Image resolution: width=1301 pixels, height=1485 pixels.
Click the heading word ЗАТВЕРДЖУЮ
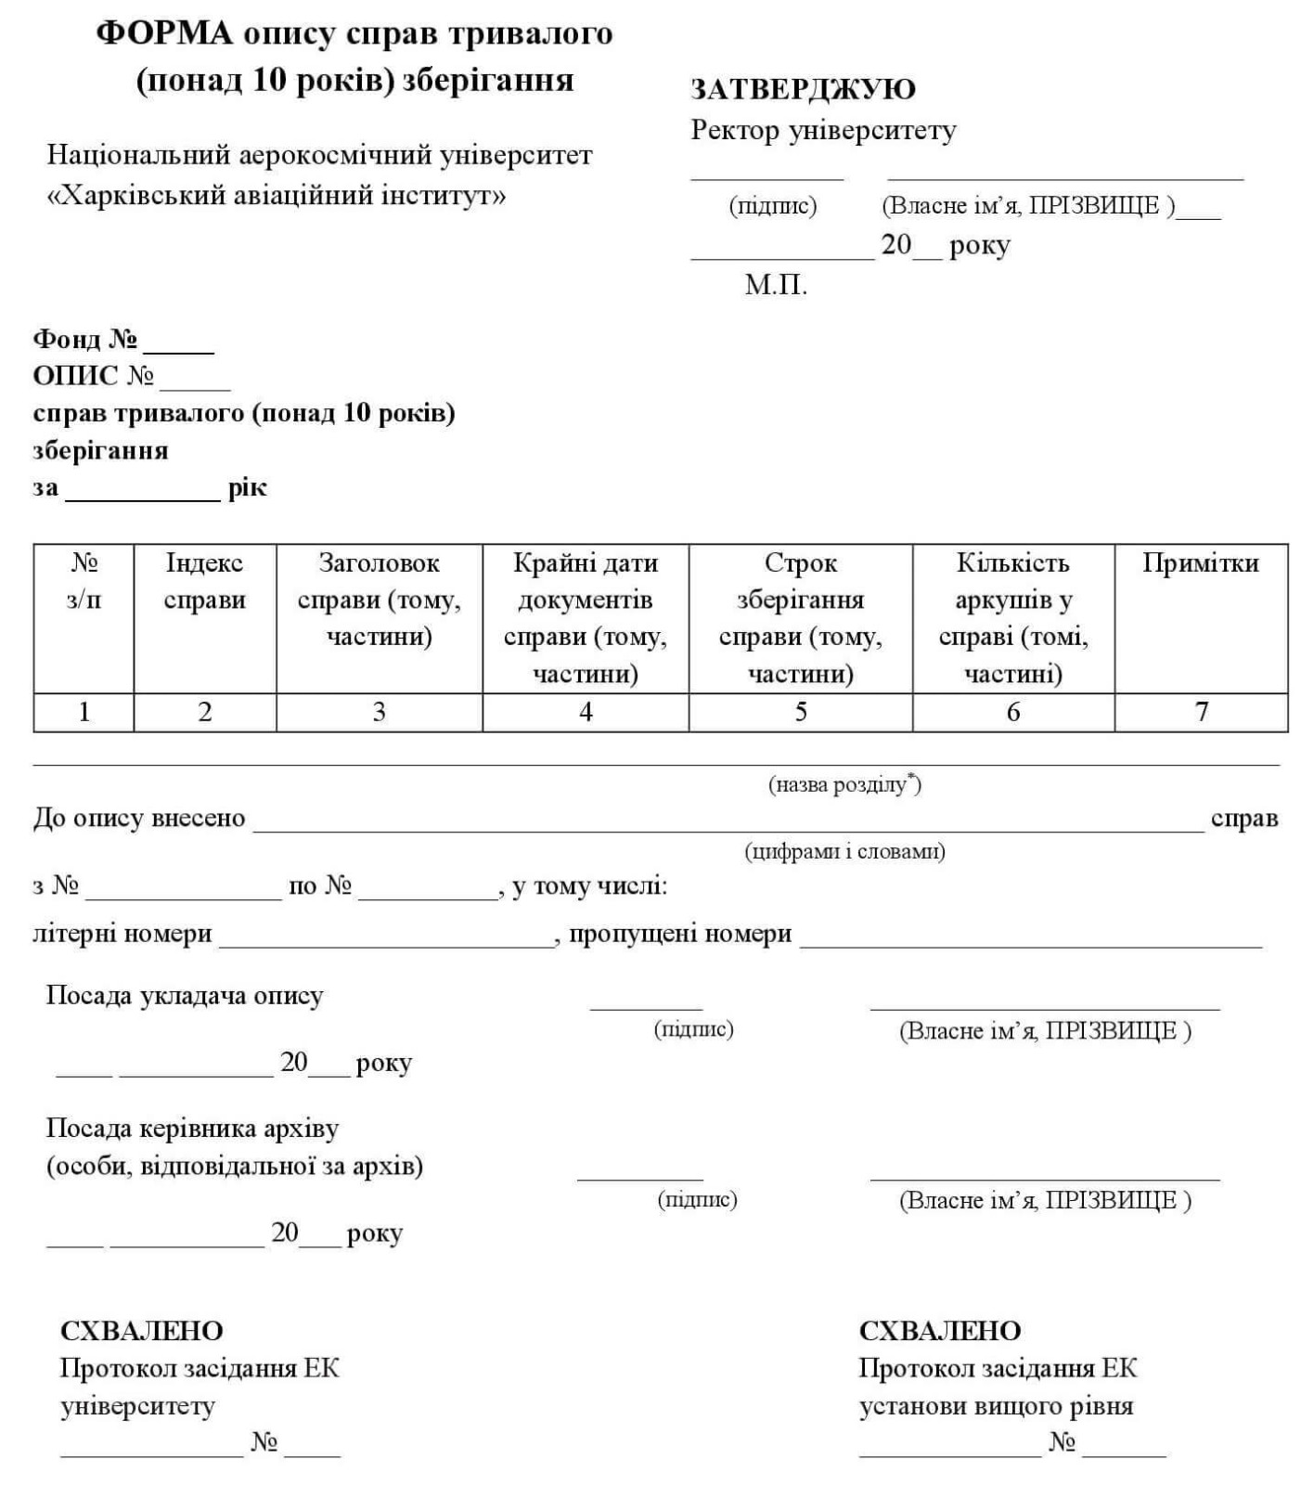click(x=802, y=89)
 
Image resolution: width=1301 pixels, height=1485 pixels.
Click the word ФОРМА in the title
click(x=164, y=34)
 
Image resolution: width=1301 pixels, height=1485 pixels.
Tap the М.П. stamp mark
click(x=775, y=285)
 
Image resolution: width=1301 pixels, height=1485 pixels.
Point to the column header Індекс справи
click(x=204, y=581)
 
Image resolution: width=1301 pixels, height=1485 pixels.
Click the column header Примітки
click(x=1200, y=563)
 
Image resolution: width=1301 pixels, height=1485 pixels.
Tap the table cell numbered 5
click(x=800, y=712)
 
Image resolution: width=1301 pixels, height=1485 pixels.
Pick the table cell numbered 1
click(x=84, y=712)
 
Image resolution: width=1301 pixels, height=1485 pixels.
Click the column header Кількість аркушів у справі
click(x=1012, y=617)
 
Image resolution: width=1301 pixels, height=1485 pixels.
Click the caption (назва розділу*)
click(x=844, y=785)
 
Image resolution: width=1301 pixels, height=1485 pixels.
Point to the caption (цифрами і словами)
click(x=844, y=851)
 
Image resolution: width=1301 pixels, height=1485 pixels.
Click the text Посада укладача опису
click(x=185, y=996)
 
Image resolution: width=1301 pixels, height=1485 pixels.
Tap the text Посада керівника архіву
click(x=192, y=1129)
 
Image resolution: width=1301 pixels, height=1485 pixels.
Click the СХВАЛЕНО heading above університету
click(x=141, y=1331)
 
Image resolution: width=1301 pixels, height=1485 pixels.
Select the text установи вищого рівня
click(x=996, y=1406)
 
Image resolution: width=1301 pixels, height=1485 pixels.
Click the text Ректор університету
click(x=822, y=131)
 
